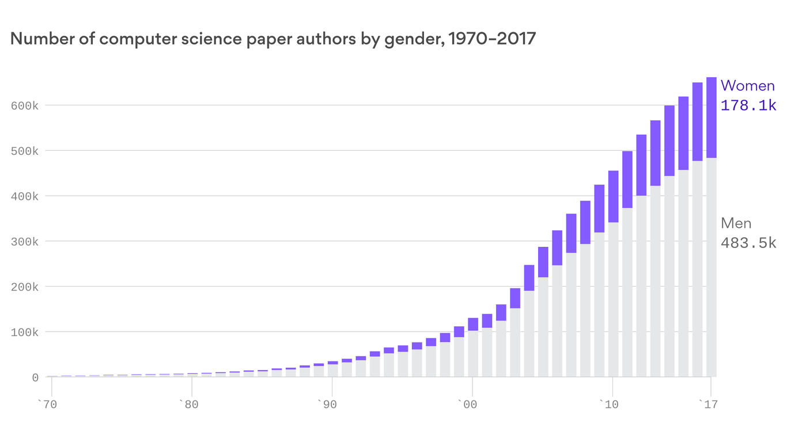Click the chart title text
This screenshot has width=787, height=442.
click(x=273, y=39)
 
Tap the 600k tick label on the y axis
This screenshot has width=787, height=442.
click(x=24, y=105)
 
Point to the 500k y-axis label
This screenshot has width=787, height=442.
click(x=24, y=151)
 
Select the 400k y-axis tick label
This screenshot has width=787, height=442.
click(x=24, y=196)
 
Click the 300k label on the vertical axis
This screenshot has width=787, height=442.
click(x=24, y=241)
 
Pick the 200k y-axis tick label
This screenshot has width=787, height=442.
click(x=24, y=287)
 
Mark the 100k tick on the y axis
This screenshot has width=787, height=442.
click(x=24, y=332)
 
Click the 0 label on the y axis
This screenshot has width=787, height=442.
click(x=35, y=378)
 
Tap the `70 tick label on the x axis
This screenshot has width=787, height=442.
click(x=48, y=405)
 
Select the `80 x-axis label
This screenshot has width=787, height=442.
click(x=188, y=405)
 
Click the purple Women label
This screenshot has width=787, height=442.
click(x=747, y=86)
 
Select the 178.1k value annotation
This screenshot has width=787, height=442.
click(x=748, y=105)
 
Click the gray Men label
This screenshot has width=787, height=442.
click(x=736, y=223)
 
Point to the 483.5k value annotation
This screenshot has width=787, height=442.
click(x=748, y=243)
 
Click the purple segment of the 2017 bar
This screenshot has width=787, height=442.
click(x=711, y=117)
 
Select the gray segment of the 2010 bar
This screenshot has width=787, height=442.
click(x=613, y=299)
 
